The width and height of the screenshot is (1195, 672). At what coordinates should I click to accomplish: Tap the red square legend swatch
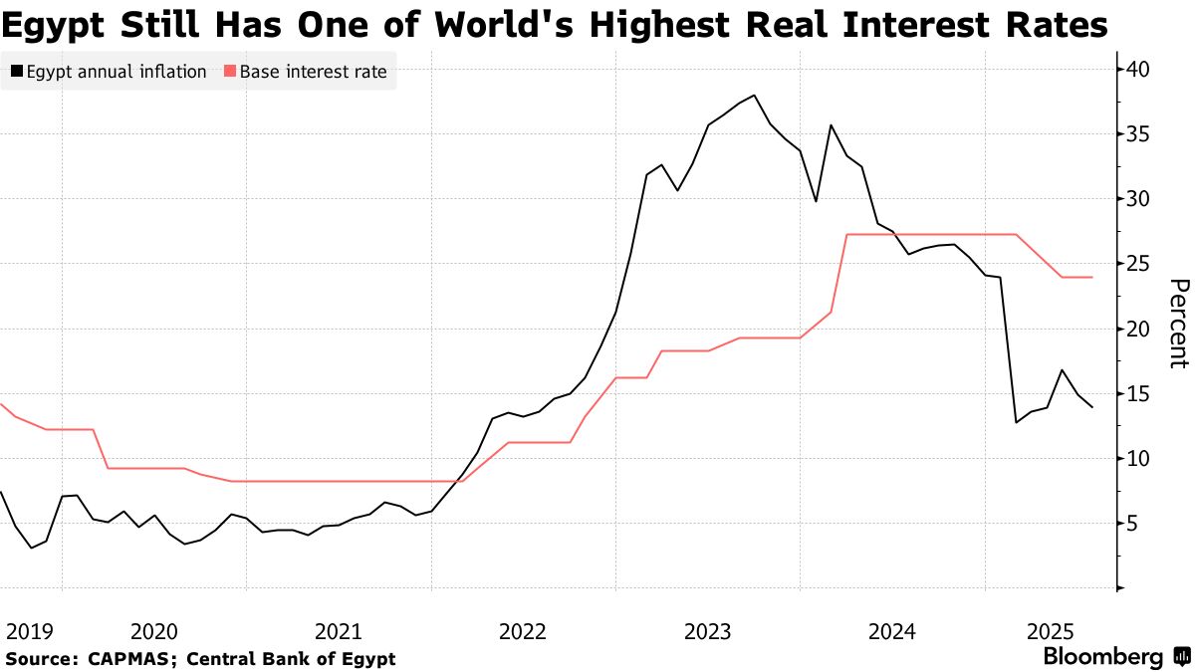coord(231,72)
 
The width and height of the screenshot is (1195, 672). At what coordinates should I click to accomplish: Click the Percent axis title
coord(1177,324)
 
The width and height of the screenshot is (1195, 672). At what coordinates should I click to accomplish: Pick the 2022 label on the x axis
coord(523,631)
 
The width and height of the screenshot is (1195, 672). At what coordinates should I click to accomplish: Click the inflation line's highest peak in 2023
coord(754,96)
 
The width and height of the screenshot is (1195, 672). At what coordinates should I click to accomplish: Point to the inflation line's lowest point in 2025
coord(1016,422)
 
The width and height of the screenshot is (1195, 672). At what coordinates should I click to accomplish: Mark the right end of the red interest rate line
coord(1092,277)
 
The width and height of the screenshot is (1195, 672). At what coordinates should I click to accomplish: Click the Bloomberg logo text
coord(1102,657)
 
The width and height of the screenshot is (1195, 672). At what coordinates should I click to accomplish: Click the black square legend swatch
coord(17,72)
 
